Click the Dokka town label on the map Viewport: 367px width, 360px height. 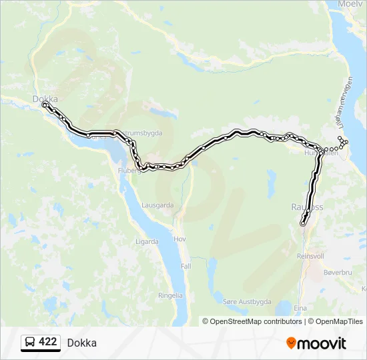coord(45,99)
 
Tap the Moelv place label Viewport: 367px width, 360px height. coord(350,4)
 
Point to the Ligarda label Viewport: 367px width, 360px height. coord(147,241)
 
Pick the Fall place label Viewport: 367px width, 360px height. coord(185,265)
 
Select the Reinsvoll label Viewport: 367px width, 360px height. coord(310,255)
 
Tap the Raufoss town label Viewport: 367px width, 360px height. coord(307,207)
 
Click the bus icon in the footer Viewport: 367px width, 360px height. coord(30,342)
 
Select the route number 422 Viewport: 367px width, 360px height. coord(48,342)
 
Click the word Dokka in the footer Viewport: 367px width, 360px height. coord(81,343)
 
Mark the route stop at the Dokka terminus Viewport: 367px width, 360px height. coord(45,105)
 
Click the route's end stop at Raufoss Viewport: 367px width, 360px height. coord(303,224)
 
